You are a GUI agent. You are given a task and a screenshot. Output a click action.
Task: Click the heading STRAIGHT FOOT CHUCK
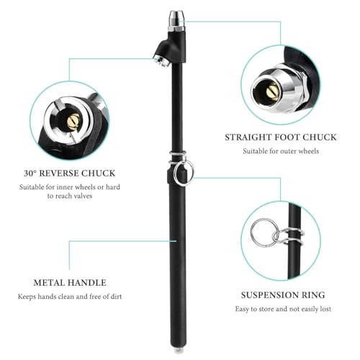(281, 138)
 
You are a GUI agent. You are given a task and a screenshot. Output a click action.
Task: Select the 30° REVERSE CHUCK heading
(70, 174)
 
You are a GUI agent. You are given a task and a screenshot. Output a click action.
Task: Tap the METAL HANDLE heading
(70, 283)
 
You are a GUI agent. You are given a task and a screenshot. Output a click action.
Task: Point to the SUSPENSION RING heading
(283, 295)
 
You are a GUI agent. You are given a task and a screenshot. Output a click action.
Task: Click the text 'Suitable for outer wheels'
(281, 151)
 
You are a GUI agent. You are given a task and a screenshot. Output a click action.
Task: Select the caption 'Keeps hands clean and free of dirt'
(70, 297)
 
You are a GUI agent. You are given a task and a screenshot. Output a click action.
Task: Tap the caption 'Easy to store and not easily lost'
(283, 309)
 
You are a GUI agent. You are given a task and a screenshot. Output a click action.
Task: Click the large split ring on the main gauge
(184, 174)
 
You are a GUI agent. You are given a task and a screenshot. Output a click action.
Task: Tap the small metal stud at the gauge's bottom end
(178, 351)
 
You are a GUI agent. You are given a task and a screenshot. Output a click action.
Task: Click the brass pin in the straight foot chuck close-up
(272, 91)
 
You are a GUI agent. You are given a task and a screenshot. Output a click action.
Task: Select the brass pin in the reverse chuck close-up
(73, 122)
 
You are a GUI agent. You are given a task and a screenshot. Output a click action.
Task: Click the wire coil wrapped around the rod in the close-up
(292, 236)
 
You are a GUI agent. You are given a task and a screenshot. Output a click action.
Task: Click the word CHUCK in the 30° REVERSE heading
(98, 174)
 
